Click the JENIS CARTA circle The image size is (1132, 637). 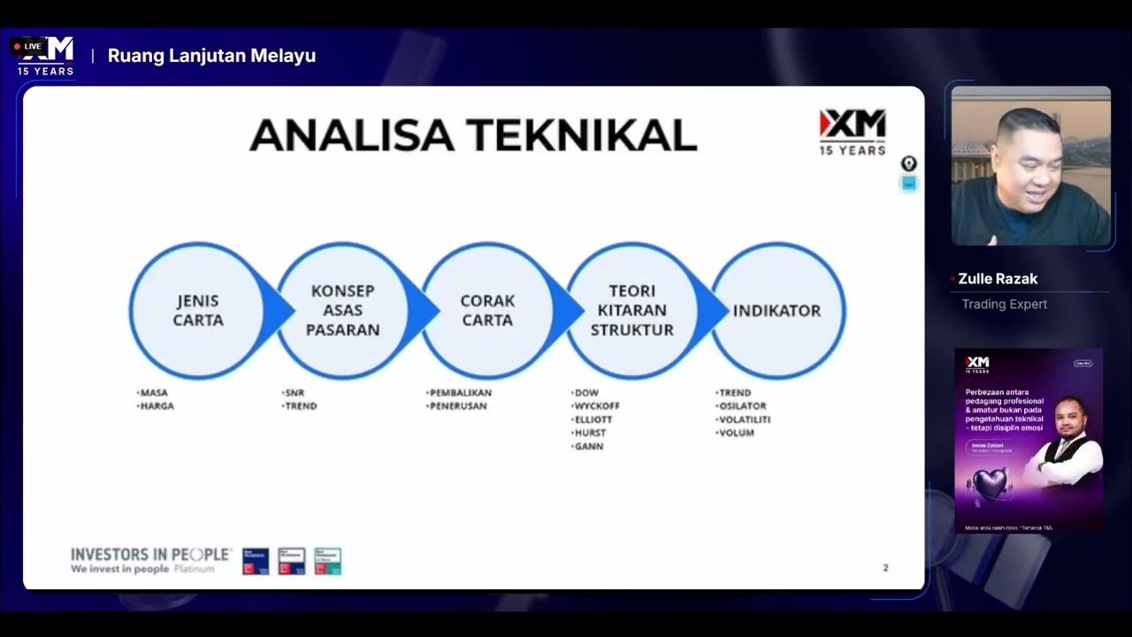point(197,311)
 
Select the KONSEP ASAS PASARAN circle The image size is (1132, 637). point(343,311)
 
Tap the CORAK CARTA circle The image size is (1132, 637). point(487,311)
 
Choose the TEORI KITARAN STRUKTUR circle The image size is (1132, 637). point(632,311)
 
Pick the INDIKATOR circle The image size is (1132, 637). point(777,311)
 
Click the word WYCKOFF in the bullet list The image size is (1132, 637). point(597,406)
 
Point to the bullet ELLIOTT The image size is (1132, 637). point(593,419)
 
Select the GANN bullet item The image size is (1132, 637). point(589,447)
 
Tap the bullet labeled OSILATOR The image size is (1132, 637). point(743,406)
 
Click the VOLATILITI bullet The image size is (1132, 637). point(745,419)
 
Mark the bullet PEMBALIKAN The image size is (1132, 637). point(461,393)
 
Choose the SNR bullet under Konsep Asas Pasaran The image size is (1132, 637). point(294,393)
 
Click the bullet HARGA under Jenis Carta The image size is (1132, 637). point(157,406)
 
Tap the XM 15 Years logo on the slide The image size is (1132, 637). point(852,132)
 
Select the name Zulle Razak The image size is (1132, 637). point(998,279)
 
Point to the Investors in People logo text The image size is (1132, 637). point(150,555)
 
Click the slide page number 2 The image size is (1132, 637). point(885,568)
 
